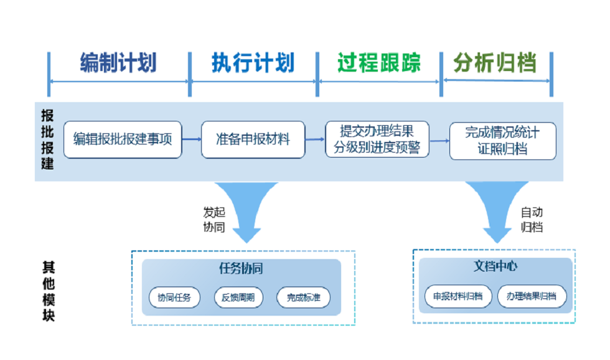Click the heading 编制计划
coord(118,63)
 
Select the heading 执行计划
coord(253,63)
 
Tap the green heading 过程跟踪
coord(379,63)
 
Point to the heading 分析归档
coord(495,63)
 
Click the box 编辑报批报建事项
coord(123,140)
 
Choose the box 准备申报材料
coord(253,140)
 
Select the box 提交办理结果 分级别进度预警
coord(377,140)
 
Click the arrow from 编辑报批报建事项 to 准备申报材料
coord(191,140)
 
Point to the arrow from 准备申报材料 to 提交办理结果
coord(315,140)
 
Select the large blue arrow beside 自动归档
coord(497,209)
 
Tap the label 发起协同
coord(213,220)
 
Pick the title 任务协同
coord(241,268)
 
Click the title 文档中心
coord(495,267)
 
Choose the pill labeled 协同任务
coord(175,298)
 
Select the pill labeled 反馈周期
coord(238,298)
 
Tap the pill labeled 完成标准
coord(303,298)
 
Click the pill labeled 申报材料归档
coord(458,296)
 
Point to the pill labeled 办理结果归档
coord(532,296)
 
